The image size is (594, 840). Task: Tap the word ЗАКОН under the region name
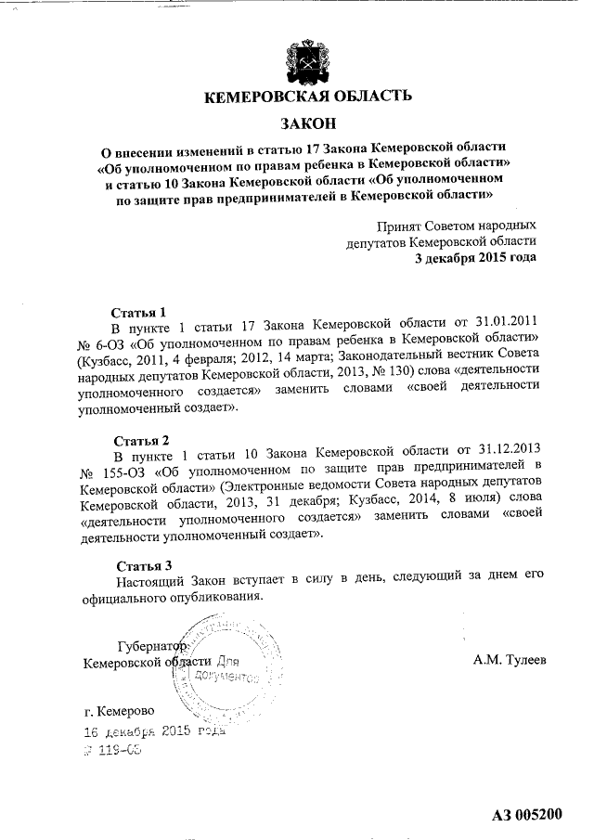click(305, 123)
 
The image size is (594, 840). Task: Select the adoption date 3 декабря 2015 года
click(475, 257)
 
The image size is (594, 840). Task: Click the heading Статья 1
click(139, 312)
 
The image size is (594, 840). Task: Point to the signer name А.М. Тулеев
click(510, 660)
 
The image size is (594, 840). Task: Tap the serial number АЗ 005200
click(527, 816)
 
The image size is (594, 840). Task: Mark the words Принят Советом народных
click(456, 226)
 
